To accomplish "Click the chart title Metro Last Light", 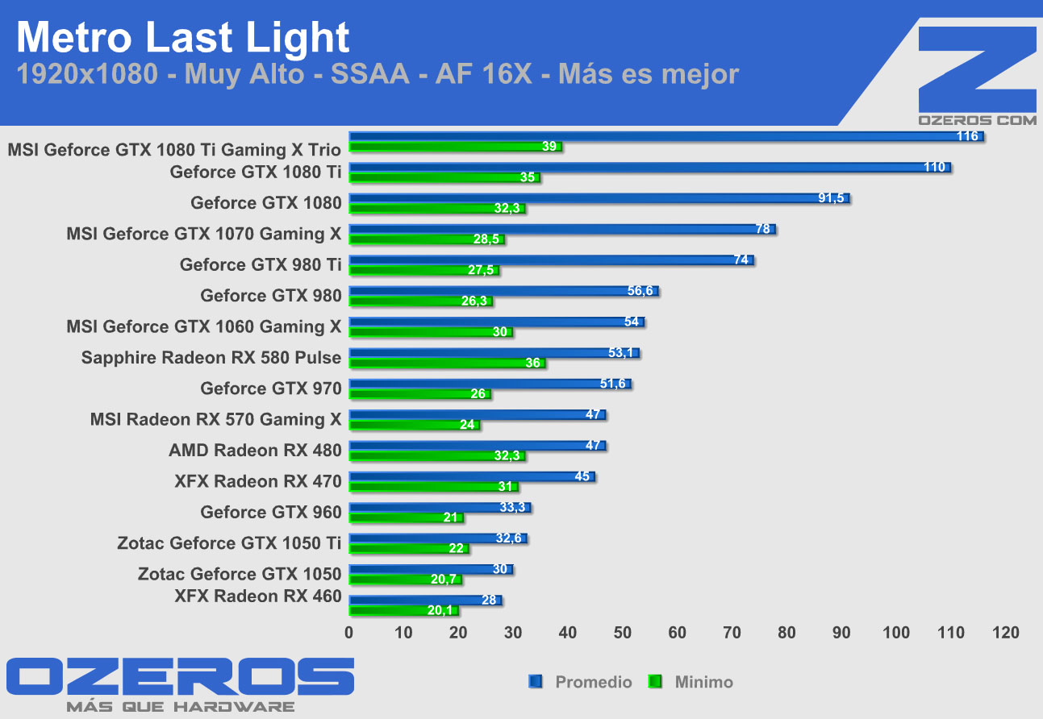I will click(183, 38).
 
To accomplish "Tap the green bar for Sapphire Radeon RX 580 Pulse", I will click(447, 364).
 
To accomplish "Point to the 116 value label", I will click(967, 136).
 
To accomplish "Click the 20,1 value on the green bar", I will click(440, 610).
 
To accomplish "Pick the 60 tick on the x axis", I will click(678, 633).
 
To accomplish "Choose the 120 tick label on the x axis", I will click(1006, 633).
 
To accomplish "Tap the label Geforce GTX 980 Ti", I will click(261, 264).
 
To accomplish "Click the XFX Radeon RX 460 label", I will click(258, 596).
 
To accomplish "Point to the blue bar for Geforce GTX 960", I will click(440, 508).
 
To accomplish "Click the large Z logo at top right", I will click(977, 69).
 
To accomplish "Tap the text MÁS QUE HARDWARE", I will click(180, 707).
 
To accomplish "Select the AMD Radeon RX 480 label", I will click(255, 450).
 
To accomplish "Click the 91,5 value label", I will click(831, 198).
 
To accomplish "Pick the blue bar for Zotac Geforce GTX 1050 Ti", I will click(437, 538).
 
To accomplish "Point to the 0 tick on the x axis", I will click(349, 633).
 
